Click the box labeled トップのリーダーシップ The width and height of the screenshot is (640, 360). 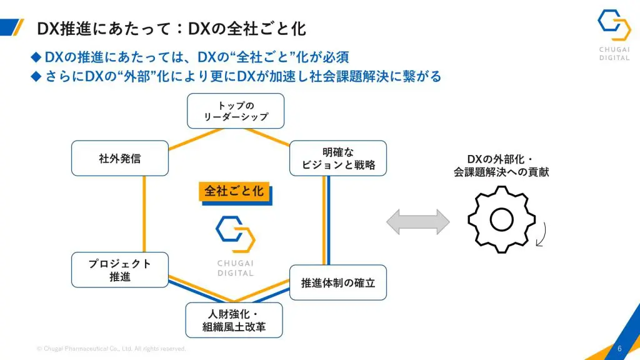pyautogui.click(x=236, y=111)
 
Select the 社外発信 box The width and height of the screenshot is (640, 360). pyautogui.click(x=120, y=158)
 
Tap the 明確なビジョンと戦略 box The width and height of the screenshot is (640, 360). pyautogui.click(x=339, y=158)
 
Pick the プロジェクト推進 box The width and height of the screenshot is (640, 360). pyautogui.click(x=120, y=270)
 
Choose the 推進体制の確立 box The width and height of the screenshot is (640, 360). pyautogui.click(x=338, y=282)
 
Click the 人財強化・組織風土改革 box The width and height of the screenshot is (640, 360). pyautogui.click(x=234, y=320)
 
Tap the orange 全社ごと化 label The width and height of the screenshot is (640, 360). pyautogui.click(x=234, y=191)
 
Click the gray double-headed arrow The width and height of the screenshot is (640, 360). pyautogui.click(x=418, y=222)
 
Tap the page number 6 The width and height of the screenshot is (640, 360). pyautogui.click(x=619, y=348)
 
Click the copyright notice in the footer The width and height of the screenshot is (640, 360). pyautogui.click(x=111, y=349)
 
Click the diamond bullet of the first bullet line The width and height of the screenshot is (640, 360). pyautogui.click(x=36, y=57)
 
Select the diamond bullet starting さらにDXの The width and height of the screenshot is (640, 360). pyautogui.click(x=36, y=76)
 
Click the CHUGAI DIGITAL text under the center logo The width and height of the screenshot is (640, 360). pyautogui.click(x=235, y=267)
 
